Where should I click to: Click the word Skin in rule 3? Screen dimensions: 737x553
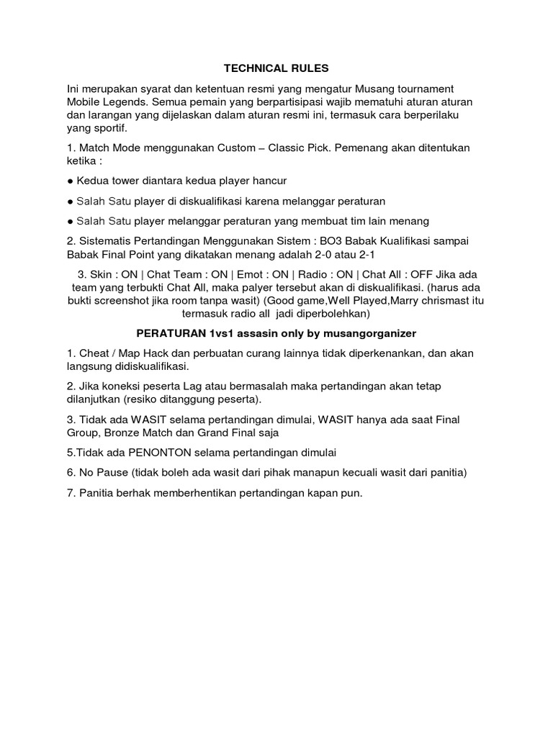(x=102, y=275)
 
